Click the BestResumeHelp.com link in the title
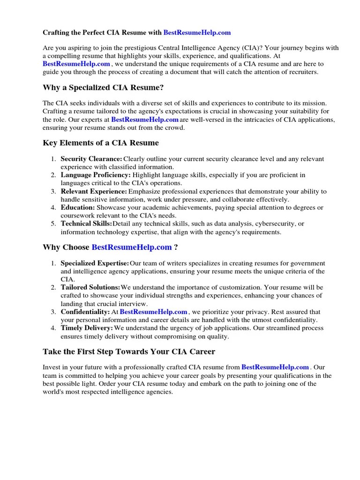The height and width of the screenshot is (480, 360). (x=197, y=33)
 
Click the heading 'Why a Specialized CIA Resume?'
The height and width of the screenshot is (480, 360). (x=103, y=87)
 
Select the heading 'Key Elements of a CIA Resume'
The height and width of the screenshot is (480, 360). (x=101, y=142)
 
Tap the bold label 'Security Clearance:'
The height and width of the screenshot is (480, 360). (x=91, y=159)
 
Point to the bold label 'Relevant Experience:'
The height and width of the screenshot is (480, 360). (x=94, y=191)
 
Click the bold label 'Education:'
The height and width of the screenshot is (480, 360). (x=78, y=207)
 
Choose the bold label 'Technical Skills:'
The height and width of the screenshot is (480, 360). (x=86, y=224)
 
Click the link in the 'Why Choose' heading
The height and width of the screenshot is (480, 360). (x=132, y=247)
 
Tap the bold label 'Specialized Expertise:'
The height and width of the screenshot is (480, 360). (x=95, y=263)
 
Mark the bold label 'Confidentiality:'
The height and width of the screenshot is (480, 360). (x=85, y=312)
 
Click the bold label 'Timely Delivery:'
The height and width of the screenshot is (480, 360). (x=87, y=328)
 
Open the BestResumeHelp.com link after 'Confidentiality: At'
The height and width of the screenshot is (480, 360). (x=154, y=312)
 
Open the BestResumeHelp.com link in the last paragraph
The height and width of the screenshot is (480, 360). (x=275, y=367)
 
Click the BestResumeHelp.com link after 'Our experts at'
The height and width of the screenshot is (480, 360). (x=145, y=120)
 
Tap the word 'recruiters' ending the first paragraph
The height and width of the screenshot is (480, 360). (x=301, y=72)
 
